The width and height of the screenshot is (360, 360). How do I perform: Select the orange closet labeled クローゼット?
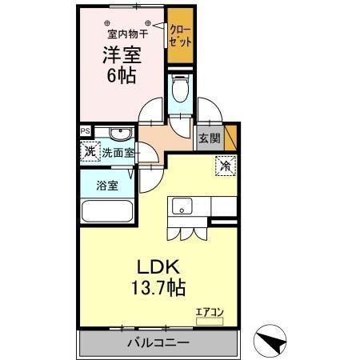[x=179, y=37]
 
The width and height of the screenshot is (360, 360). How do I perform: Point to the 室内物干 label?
[x=122, y=34]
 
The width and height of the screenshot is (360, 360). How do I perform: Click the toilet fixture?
[x=181, y=88]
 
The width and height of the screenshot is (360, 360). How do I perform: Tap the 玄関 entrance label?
[x=210, y=137]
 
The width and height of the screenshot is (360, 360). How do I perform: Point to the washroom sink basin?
[x=120, y=134]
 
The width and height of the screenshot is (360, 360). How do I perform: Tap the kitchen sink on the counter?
[x=181, y=206]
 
